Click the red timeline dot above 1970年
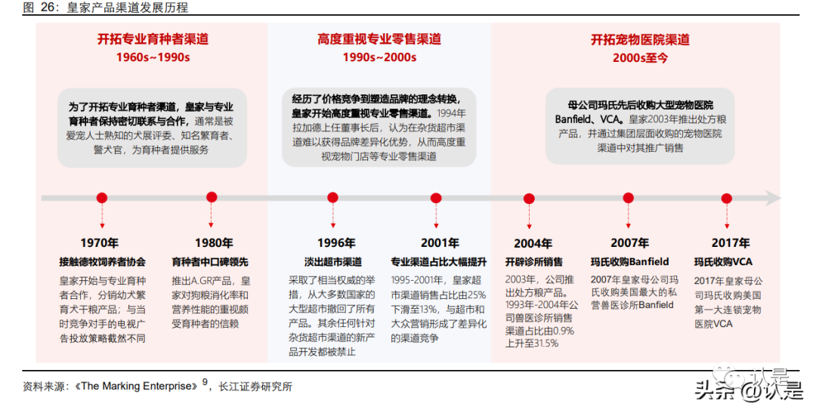coord(102,198)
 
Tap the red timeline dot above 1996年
coord(332,198)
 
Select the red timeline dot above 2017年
coord(727,198)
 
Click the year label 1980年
coord(213,243)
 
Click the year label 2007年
coord(629,243)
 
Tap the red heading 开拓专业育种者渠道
coord(153,39)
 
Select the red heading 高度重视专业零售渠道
coord(379,39)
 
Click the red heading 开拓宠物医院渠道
coord(640,39)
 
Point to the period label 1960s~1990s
coord(153,58)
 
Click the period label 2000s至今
coord(640,58)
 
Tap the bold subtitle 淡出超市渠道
coord(332,262)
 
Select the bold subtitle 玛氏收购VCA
coord(723,262)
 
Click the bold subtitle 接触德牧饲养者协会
coord(103,262)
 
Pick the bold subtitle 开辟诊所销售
coord(534,262)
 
